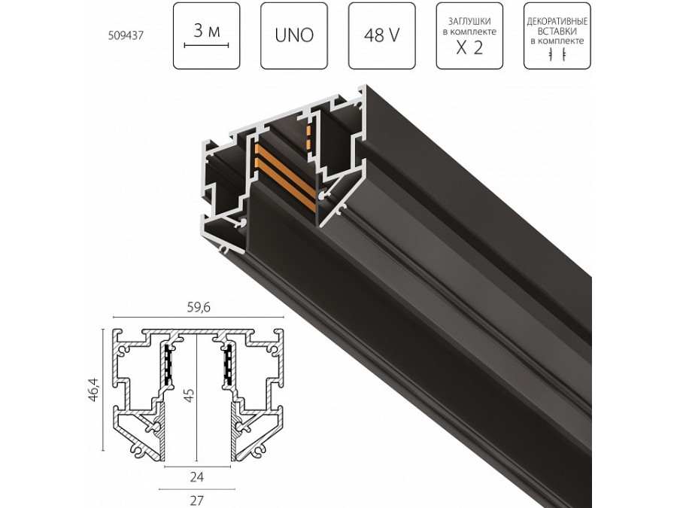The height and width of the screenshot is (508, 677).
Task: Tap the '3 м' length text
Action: click(206, 31)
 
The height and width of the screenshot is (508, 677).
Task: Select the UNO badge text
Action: click(294, 36)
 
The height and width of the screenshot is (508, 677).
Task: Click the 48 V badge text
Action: click(381, 36)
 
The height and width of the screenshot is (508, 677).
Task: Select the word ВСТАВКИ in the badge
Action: click(557, 32)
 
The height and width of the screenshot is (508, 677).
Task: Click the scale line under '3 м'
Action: click(206, 46)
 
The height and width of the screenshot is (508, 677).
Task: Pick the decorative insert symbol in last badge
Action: click(557, 55)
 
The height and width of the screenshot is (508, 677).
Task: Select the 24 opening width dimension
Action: click(196, 476)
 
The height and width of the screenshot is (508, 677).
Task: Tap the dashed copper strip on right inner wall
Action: click(308, 138)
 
